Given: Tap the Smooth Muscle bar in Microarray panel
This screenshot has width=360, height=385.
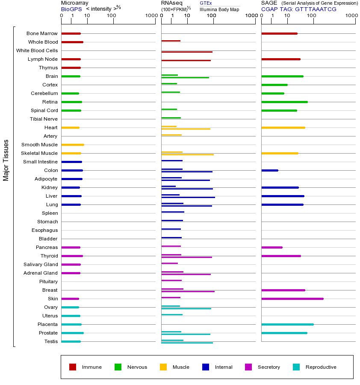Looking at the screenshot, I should coord(73,145).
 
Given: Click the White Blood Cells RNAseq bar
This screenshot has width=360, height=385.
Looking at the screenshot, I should coord(187,52).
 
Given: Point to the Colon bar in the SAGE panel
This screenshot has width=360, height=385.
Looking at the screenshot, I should coord(270,170).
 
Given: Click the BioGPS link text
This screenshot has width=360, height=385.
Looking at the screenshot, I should coord(71,9).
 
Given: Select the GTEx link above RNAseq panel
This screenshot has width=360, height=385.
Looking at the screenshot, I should coord(206,3).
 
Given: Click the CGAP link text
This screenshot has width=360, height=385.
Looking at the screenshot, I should coord(269,9).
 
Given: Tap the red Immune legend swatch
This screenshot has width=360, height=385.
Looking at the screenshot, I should coord(73,367).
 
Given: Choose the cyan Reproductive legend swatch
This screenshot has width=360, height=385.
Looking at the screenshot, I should coord(296,367).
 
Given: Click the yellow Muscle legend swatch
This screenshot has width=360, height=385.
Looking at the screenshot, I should coord(163,367).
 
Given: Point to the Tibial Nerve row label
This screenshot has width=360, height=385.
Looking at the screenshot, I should coord(44,119).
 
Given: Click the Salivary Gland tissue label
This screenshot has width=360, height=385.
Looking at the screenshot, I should coord(41,264).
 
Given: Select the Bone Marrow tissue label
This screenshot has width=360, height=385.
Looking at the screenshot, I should coord(42,33).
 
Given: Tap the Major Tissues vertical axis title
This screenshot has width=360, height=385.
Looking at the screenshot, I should coord(6,160).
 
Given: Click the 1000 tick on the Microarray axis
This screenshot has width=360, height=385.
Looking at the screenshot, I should coord(150,16).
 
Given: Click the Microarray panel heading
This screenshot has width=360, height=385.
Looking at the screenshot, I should coord(75,3).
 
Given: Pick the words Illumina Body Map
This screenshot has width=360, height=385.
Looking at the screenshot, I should coord(219,9).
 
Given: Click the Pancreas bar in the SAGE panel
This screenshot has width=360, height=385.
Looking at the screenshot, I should coord(272,247).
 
